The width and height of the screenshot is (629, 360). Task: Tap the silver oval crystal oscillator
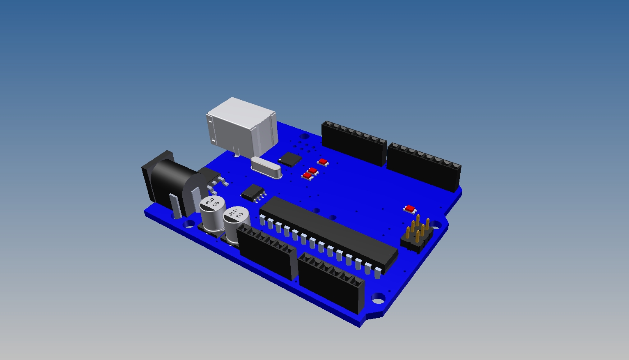266,168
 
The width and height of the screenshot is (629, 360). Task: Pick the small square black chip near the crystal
290,159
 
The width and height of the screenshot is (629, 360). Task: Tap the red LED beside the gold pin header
410,209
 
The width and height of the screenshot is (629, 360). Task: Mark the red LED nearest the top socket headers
323,162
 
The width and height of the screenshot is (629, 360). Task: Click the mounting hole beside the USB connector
305,135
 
